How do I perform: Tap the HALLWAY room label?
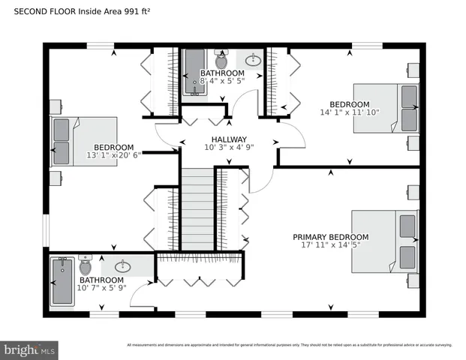point(229,139)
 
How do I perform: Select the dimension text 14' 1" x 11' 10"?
point(350,112)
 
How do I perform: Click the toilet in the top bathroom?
point(221,58)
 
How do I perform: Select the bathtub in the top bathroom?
point(194,73)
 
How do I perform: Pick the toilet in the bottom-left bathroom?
point(85,265)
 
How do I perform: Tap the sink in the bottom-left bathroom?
point(122,265)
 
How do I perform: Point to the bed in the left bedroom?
point(83,141)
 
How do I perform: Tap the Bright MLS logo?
point(30,349)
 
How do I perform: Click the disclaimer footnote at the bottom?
point(289,345)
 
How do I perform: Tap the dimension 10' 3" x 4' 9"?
point(229,148)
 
